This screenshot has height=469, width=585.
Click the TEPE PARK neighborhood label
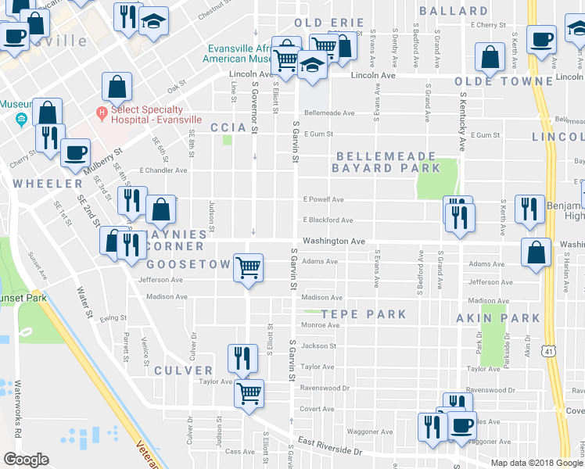[x=363, y=314]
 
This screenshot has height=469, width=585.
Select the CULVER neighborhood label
[x=183, y=371]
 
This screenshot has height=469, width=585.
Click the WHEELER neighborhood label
[x=47, y=183]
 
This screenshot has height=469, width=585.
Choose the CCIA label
[x=228, y=127]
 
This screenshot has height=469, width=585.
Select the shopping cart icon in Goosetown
[x=248, y=268]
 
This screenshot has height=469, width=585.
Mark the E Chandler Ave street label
[x=163, y=170]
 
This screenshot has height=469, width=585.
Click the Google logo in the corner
[x=26, y=460]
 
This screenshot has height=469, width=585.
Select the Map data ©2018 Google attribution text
[x=537, y=462]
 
